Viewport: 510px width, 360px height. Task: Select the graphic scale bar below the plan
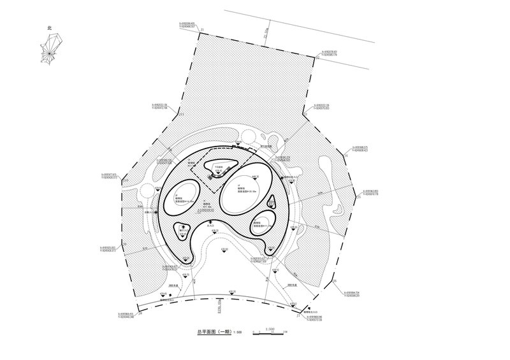(x=269, y=334)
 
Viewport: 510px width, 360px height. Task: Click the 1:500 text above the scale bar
(x=270, y=329)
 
